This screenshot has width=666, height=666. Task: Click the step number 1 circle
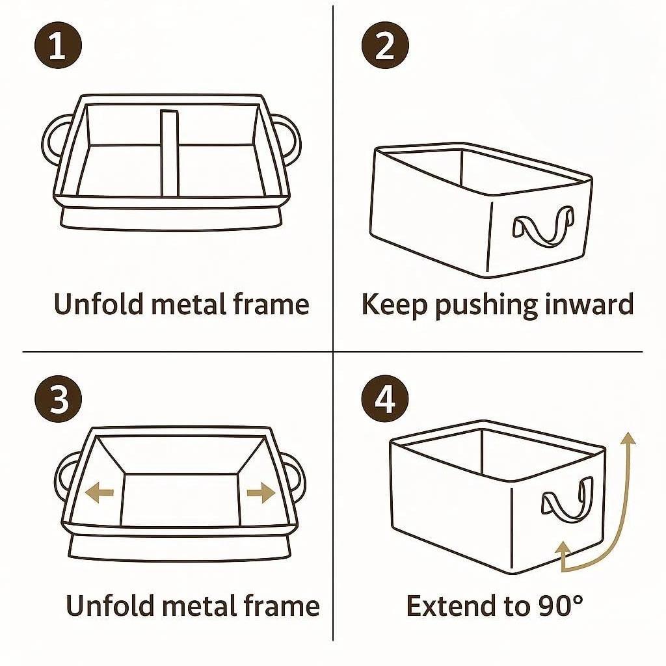point(58,46)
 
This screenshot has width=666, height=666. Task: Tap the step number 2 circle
point(385,46)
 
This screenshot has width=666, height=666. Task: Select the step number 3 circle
point(58,399)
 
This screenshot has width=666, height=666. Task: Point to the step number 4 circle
point(385,399)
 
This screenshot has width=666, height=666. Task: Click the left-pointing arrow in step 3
point(99,492)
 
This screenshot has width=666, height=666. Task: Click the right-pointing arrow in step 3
point(261,493)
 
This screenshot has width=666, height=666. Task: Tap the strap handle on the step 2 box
point(543,226)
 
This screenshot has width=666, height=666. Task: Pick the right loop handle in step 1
point(297,140)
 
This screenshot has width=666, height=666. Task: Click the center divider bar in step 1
point(170,153)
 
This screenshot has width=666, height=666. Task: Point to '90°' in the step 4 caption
point(561,606)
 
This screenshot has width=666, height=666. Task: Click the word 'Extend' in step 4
point(454,606)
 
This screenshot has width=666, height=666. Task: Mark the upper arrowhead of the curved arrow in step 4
point(628,438)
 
